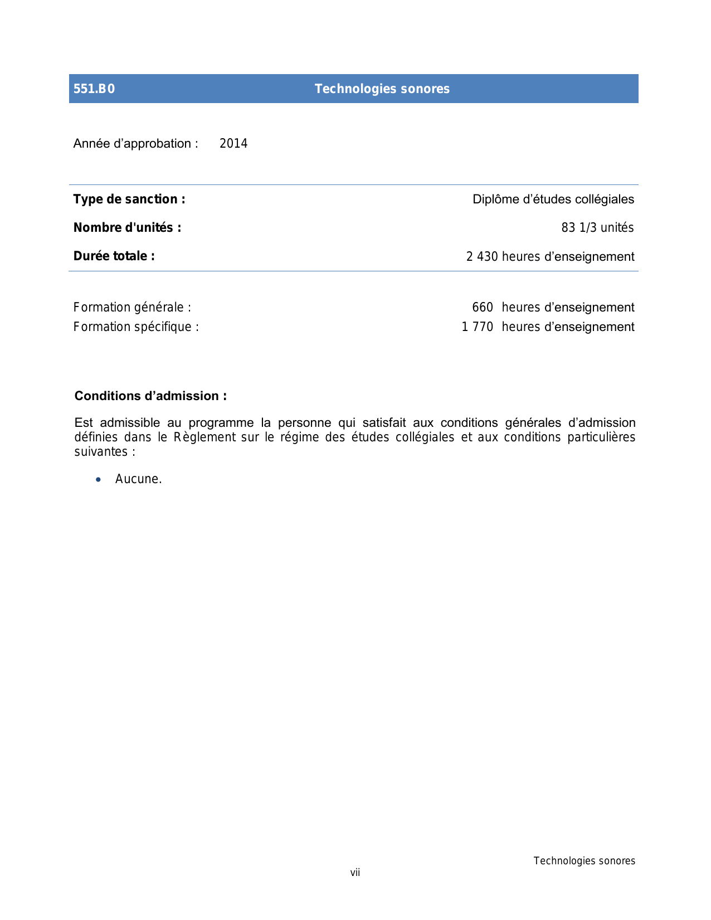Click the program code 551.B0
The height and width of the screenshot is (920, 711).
click(94, 89)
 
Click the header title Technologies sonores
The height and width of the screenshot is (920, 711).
click(382, 89)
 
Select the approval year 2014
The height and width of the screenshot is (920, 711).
click(233, 144)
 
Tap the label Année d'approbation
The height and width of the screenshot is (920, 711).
click(135, 144)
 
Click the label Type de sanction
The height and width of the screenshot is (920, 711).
click(129, 199)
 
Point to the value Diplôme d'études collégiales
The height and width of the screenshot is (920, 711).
click(553, 199)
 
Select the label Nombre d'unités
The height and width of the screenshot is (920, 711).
click(127, 228)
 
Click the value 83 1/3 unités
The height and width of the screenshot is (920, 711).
click(597, 228)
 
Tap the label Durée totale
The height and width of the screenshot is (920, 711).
click(114, 256)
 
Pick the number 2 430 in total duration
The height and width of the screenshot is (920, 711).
click(482, 257)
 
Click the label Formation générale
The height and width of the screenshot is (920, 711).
click(132, 308)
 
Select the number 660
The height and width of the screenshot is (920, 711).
click(483, 308)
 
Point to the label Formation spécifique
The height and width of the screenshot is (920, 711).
click(136, 327)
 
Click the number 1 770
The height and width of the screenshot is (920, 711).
click(478, 327)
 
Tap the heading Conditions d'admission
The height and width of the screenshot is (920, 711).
click(150, 396)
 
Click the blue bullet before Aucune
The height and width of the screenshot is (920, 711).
click(99, 480)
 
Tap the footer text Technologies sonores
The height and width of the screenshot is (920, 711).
click(584, 861)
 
